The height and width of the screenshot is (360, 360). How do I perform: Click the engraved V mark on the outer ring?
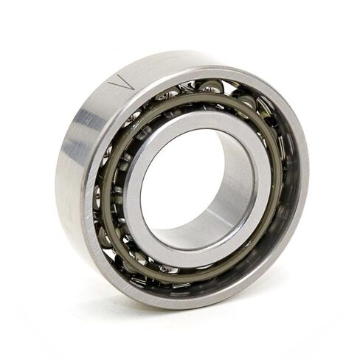click(122, 82)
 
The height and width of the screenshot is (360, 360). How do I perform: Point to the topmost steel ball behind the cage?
click(211, 88)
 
